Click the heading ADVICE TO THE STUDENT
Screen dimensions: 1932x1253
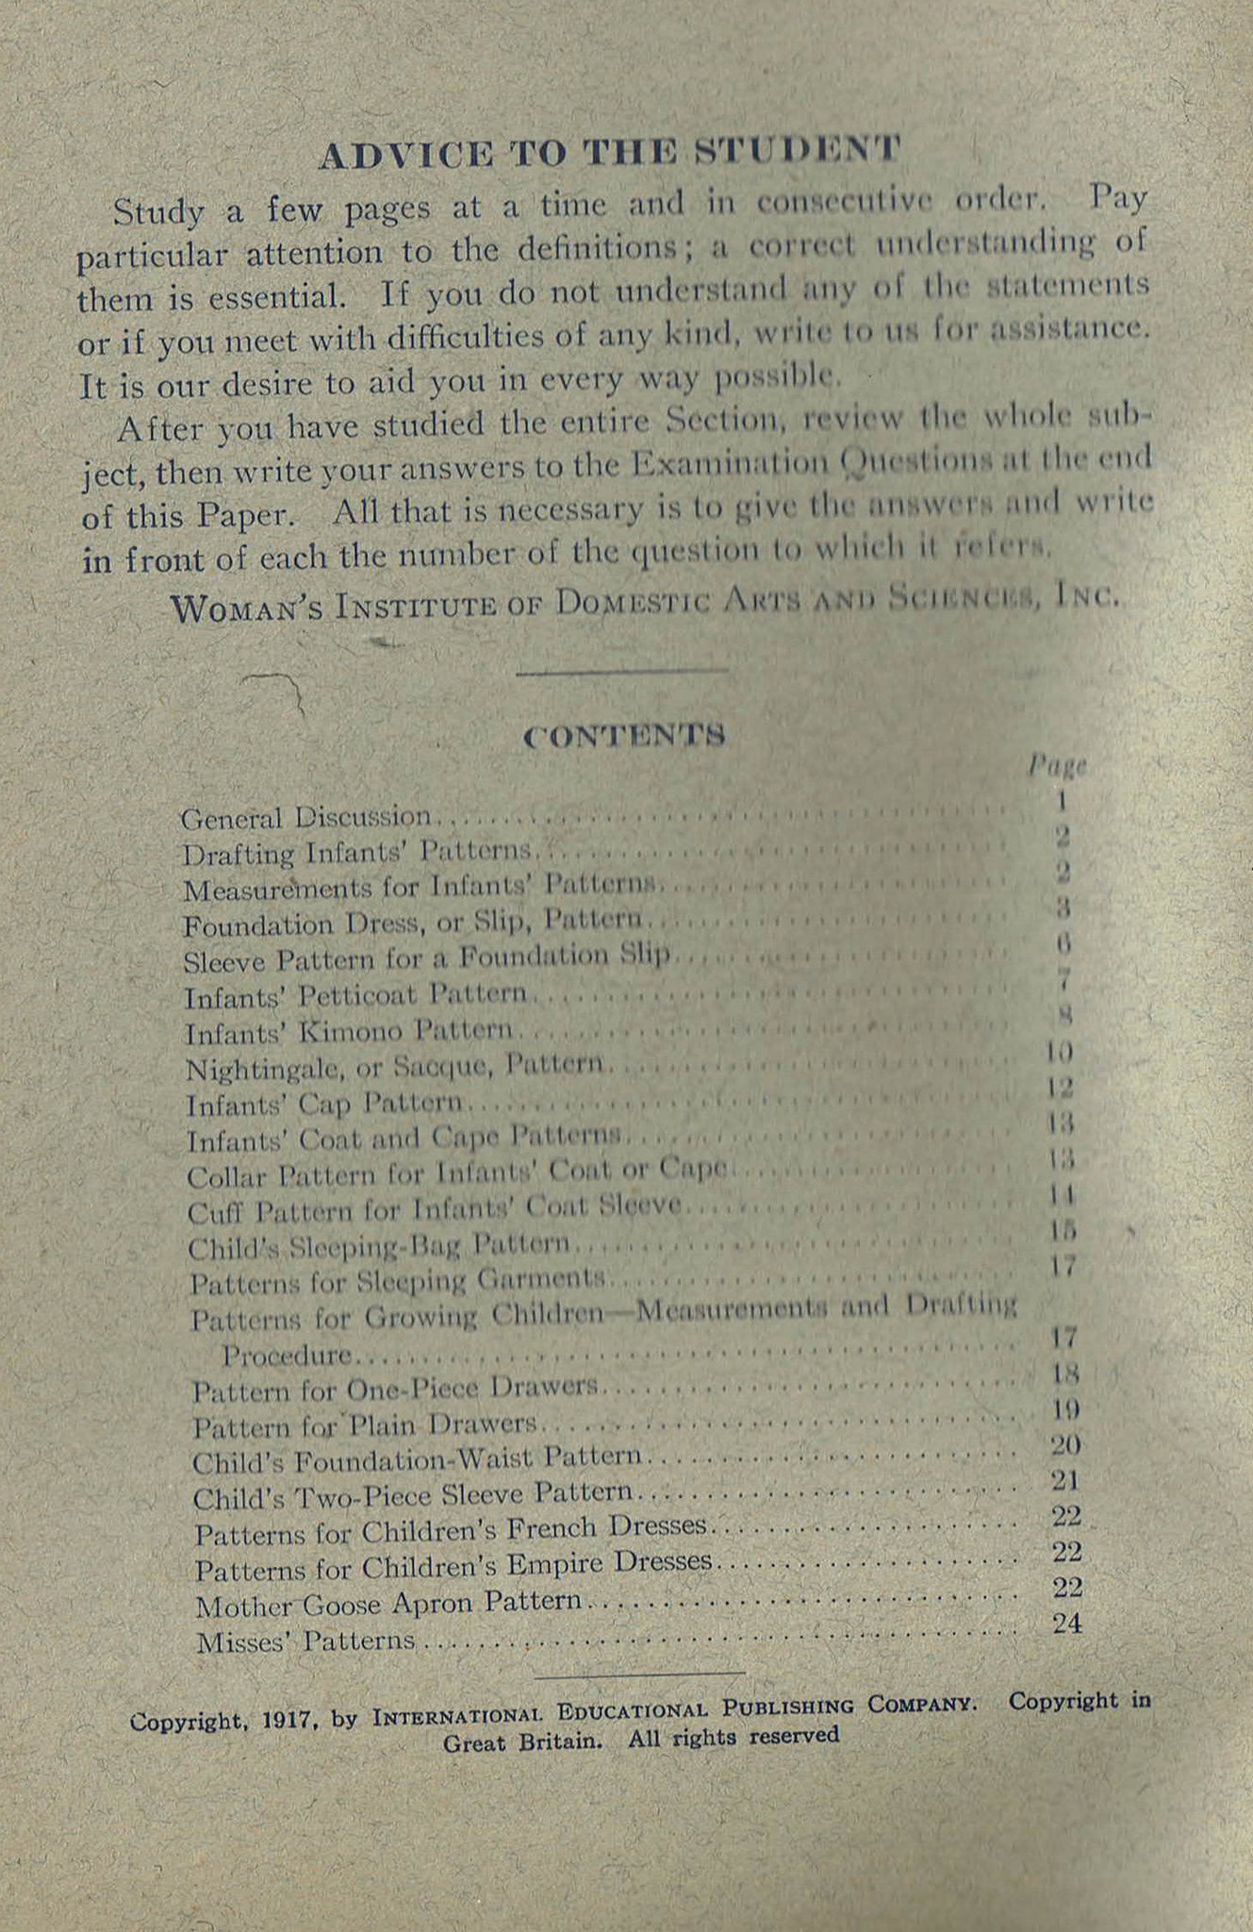[x=609, y=153]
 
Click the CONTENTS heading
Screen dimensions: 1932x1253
[x=624, y=735]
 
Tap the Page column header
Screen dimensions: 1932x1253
[x=1057, y=764]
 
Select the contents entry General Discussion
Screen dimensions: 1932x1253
[x=305, y=817]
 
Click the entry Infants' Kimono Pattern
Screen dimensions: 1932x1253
[x=349, y=1032]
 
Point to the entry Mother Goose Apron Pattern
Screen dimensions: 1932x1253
[x=388, y=1604]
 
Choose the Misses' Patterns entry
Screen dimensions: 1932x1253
[x=305, y=1641]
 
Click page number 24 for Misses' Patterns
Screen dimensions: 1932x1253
[x=1067, y=1623]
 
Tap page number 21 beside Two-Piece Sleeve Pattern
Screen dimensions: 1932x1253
[x=1065, y=1481]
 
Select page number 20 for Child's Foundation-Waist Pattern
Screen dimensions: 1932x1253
[x=1065, y=1445]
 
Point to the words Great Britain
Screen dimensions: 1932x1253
[x=522, y=1741]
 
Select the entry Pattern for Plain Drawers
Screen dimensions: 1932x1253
[x=365, y=1425]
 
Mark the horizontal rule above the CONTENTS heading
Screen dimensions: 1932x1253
[x=622, y=672]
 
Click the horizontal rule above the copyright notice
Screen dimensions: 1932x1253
[x=639, y=1674]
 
